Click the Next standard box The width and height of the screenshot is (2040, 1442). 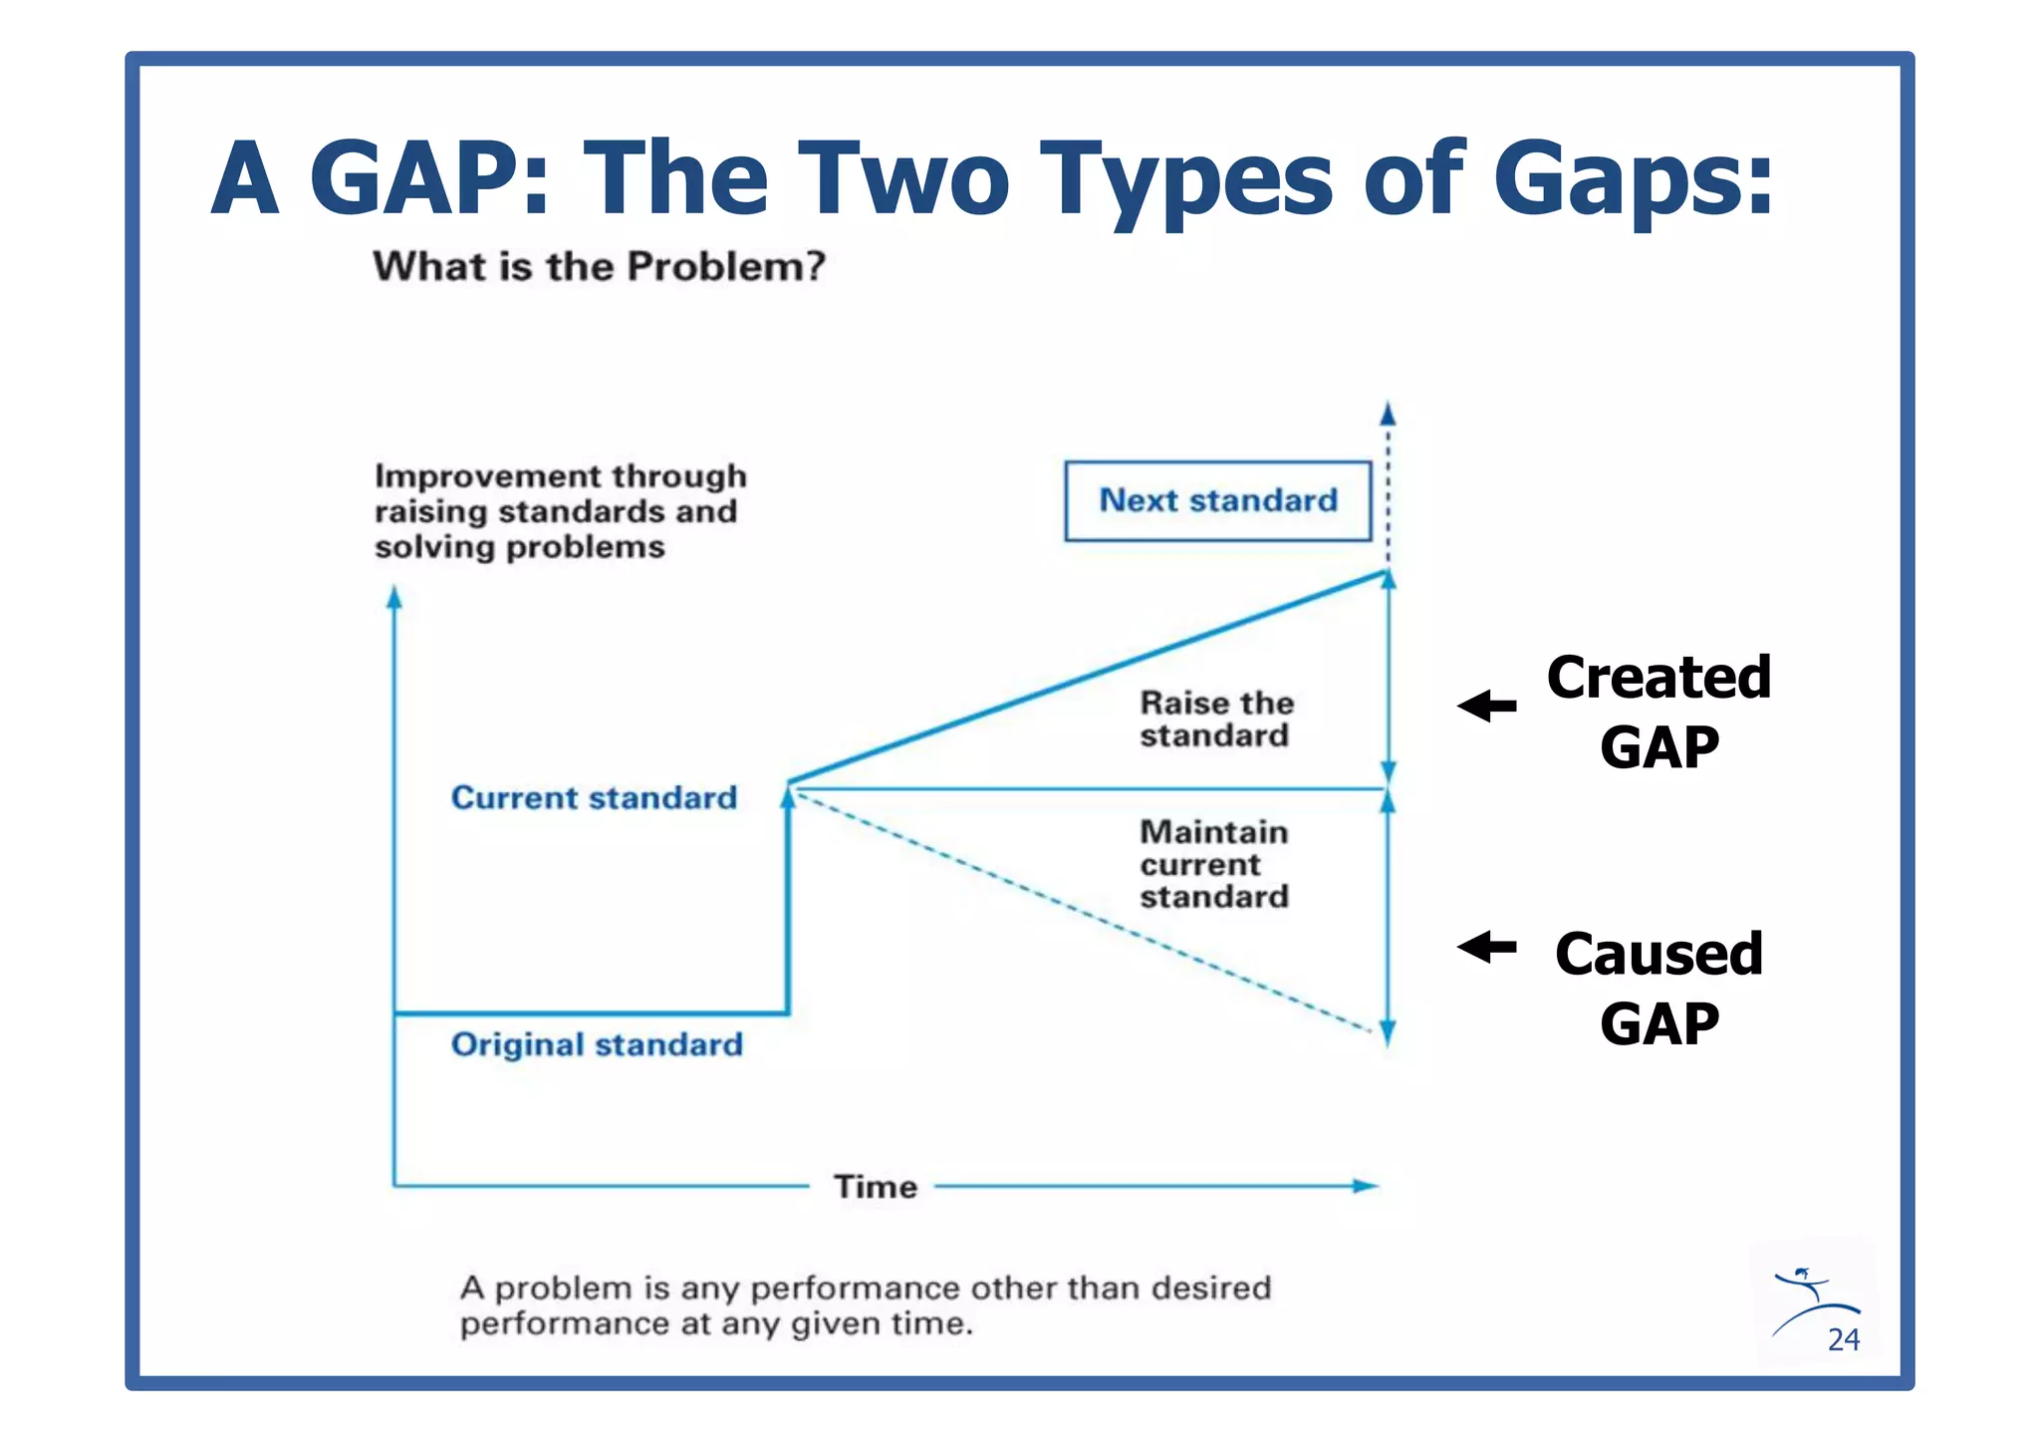click(1217, 500)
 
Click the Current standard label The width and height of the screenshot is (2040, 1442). click(594, 797)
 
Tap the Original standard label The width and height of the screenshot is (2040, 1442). click(597, 1044)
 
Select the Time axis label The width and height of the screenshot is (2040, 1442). click(875, 1186)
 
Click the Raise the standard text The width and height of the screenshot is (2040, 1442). click(1215, 719)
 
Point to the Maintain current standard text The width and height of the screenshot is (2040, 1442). click(1213, 864)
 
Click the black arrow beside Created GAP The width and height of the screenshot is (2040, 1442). click(1487, 706)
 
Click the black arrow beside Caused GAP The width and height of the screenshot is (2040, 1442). click(1487, 946)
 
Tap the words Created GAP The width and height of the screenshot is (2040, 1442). click(1658, 712)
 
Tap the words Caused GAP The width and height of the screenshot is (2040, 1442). click(1658, 988)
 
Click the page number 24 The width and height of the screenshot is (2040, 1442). click(1843, 1339)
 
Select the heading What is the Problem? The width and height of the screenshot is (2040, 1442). click(599, 266)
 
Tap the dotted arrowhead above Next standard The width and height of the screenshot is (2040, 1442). click(1388, 414)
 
